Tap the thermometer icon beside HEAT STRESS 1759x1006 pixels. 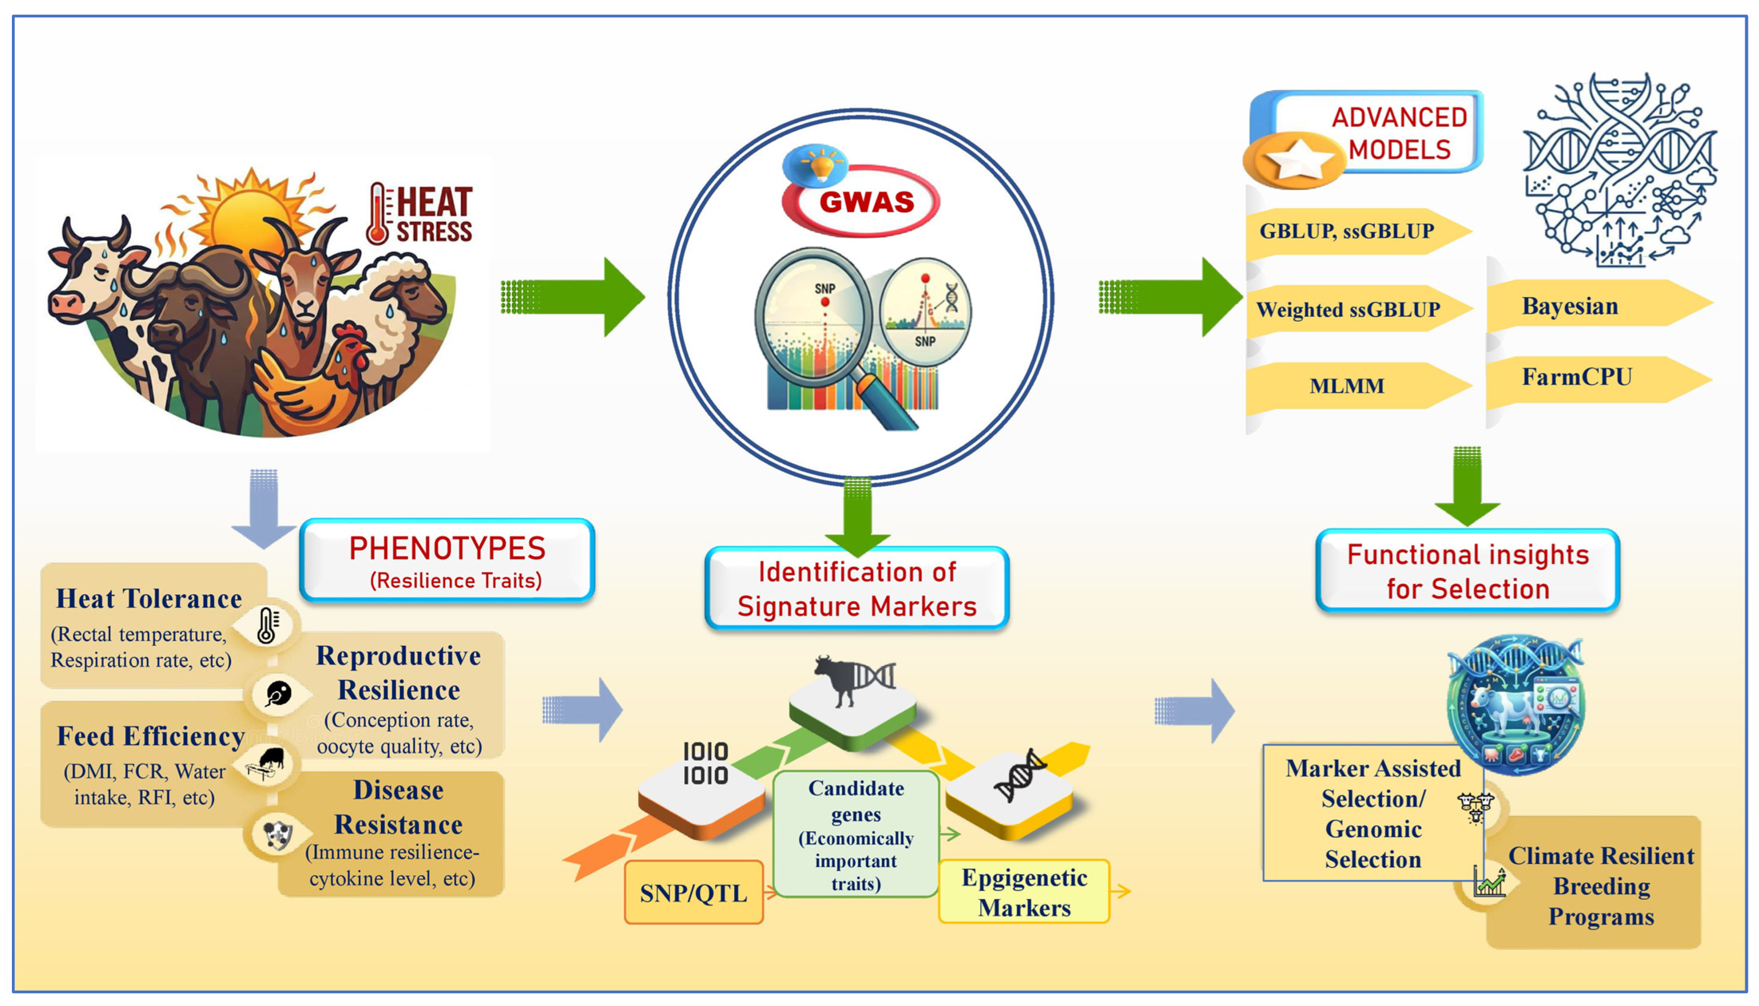(x=378, y=214)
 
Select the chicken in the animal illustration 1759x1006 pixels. (x=325, y=387)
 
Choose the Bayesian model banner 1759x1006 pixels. (x=1582, y=306)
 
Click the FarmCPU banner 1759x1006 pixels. (x=1582, y=378)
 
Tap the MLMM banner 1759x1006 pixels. (x=1347, y=386)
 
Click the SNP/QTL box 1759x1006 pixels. (x=693, y=893)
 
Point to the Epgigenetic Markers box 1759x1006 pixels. (x=1024, y=892)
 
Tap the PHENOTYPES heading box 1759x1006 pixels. (x=447, y=560)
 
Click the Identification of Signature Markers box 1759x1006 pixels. (x=857, y=589)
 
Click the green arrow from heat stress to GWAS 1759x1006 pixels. (x=574, y=297)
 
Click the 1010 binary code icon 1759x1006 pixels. (x=705, y=764)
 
